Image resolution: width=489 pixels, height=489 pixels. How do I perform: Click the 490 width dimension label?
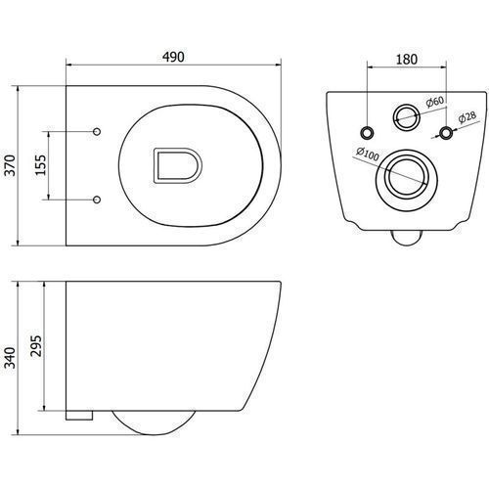(173, 57)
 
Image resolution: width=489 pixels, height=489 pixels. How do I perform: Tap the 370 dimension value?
(11, 165)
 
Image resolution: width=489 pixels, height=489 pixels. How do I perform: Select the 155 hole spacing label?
(41, 165)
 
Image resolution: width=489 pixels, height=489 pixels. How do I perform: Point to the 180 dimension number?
(407, 60)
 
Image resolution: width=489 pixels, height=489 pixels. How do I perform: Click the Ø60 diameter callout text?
(435, 102)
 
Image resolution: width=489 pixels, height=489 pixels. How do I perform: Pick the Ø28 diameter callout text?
(467, 117)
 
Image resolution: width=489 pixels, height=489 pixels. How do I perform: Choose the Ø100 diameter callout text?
(368, 154)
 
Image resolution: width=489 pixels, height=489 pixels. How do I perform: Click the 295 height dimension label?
(37, 345)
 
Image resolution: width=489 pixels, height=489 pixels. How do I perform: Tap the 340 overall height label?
(10, 358)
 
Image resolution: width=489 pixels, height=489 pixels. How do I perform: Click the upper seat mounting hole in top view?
(97, 132)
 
